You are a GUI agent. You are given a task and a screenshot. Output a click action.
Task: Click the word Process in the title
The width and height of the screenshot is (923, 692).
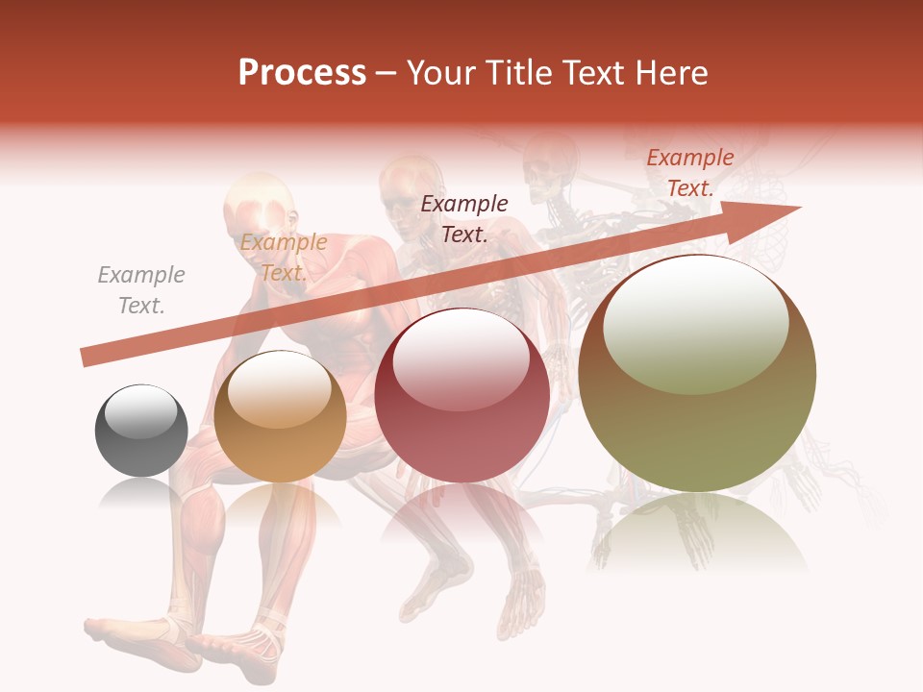click(302, 73)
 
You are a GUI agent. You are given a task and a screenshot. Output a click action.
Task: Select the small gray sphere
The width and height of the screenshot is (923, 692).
click(141, 431)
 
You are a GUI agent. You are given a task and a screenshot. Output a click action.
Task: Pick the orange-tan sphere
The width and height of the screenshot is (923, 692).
click(280, 416)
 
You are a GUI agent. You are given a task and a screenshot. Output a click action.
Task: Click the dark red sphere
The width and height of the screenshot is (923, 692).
click(462, 395)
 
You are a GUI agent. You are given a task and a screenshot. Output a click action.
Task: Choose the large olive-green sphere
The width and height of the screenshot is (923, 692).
click(697, 373)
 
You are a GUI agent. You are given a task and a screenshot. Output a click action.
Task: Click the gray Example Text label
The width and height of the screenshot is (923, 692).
click(141, 290)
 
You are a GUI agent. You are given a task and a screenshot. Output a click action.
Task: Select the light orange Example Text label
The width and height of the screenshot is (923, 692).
click(283, 258)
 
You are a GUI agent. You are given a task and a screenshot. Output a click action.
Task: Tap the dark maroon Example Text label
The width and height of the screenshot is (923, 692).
click(464, 218)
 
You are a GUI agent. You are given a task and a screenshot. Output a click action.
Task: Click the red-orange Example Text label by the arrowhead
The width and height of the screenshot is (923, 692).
click(689, 173)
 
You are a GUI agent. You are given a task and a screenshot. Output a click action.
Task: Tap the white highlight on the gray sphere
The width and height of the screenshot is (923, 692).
click(141, 410)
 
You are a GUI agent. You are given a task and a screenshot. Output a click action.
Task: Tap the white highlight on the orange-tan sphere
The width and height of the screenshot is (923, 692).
click(279, 389)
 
